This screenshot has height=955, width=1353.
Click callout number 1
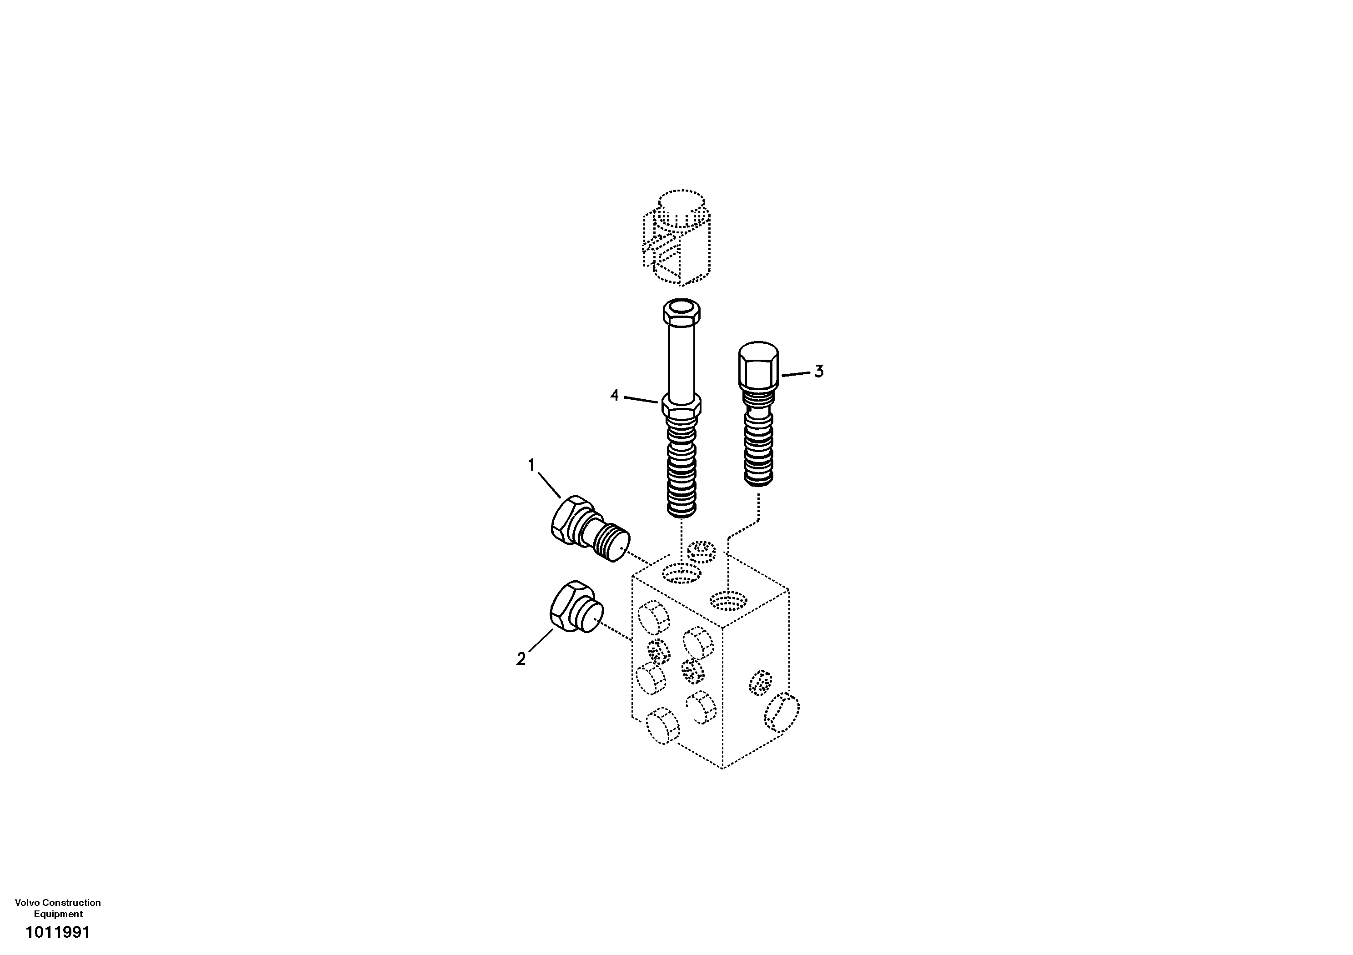531,466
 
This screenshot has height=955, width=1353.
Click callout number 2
521,659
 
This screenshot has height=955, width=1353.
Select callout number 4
615,395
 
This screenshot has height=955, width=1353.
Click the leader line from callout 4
641,400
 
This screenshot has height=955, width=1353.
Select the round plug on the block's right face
782,714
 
